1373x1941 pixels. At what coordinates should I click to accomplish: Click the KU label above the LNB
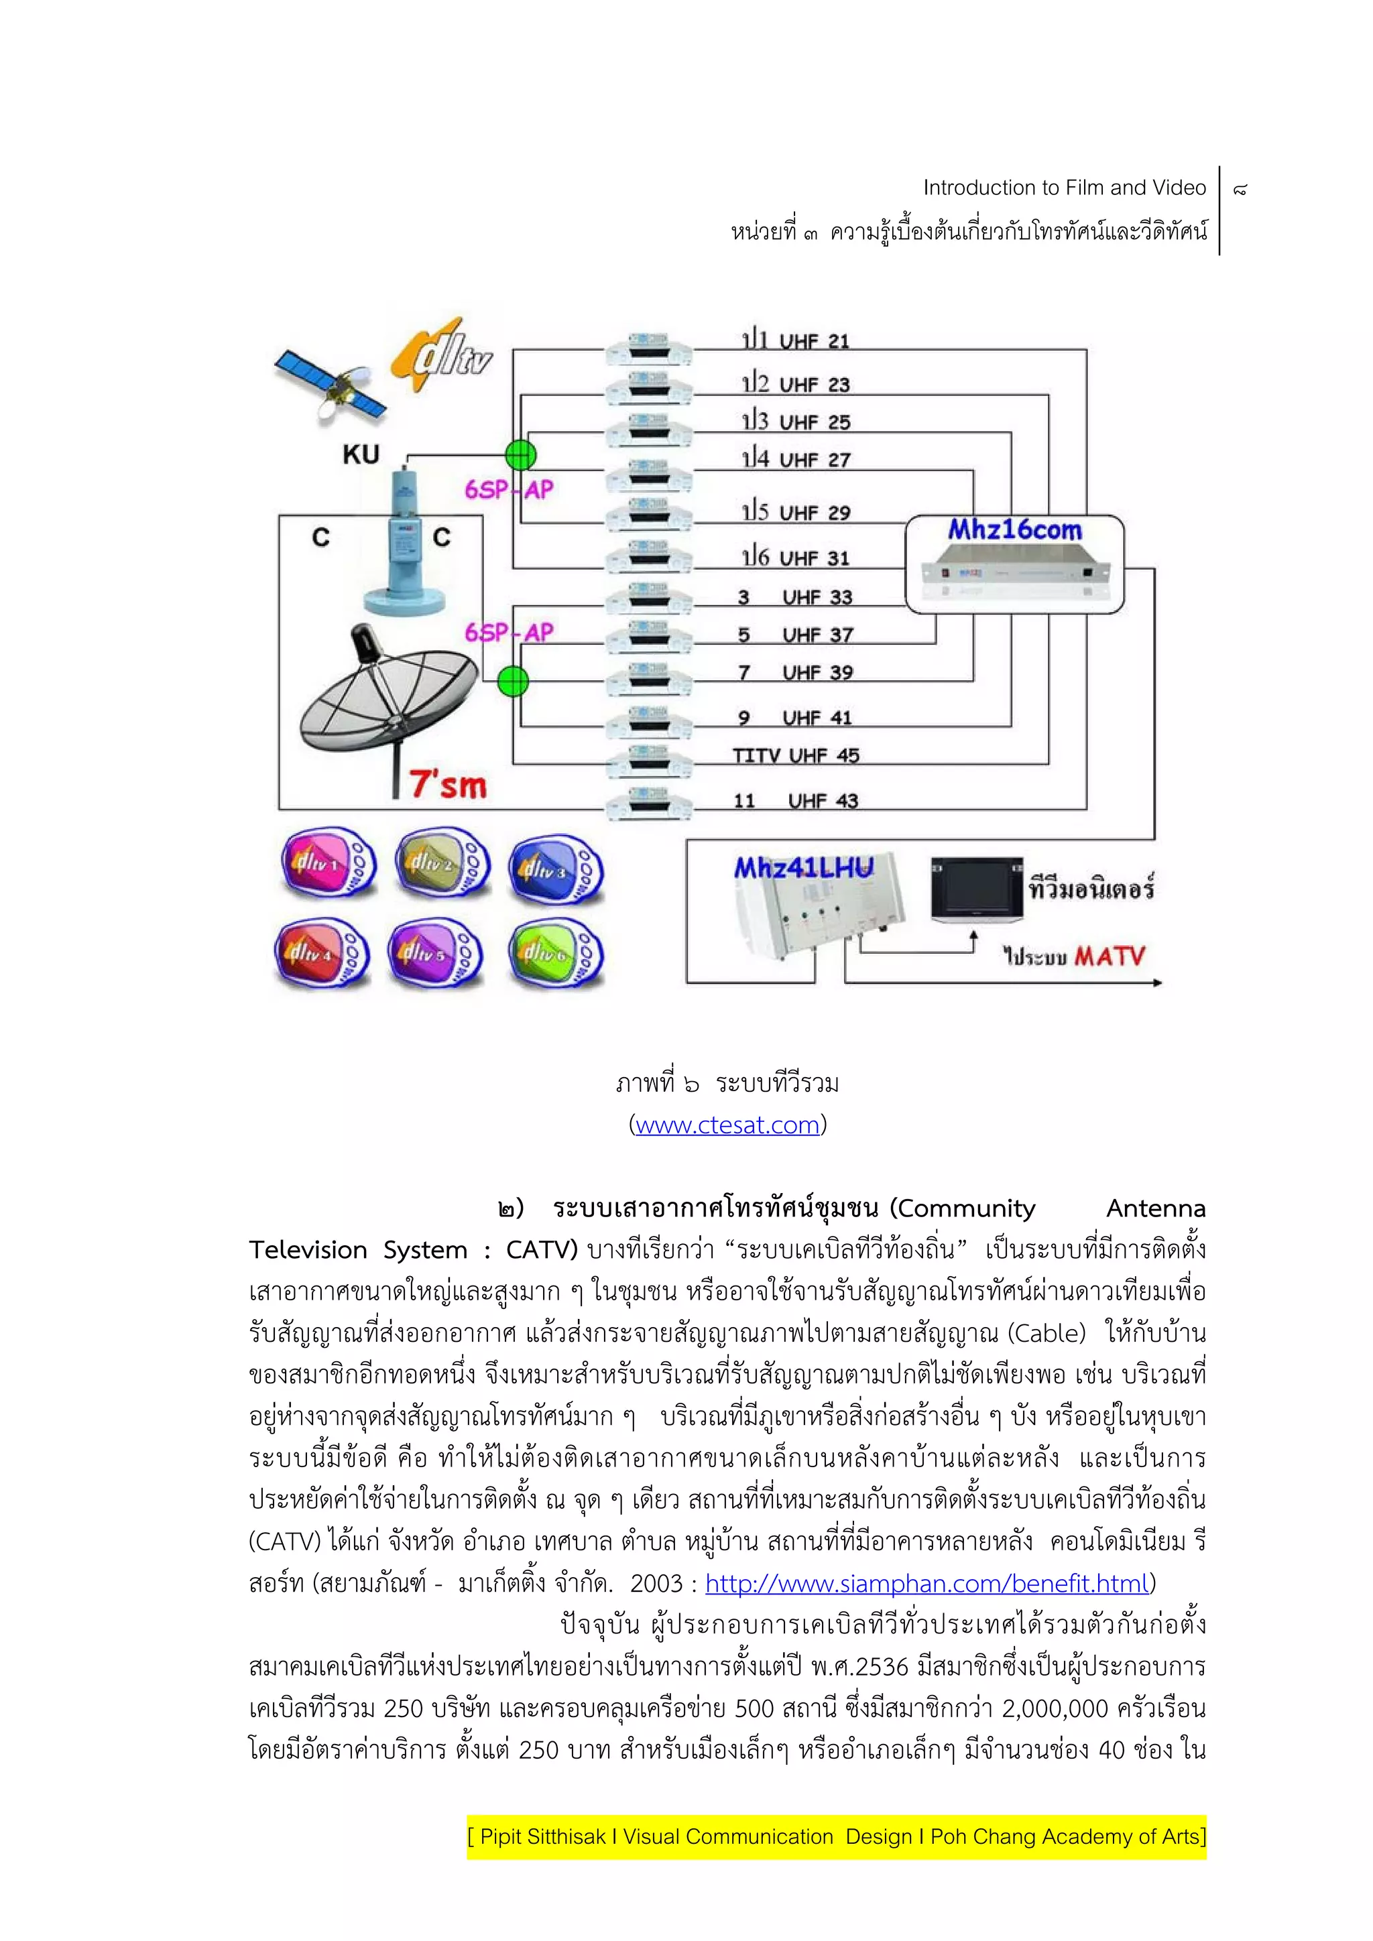click(361, 455)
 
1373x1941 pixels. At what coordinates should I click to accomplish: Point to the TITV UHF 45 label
click(794, 756)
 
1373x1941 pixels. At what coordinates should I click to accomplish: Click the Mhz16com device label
click(1014, 531)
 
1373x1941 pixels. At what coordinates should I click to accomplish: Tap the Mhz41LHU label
click(802, 868)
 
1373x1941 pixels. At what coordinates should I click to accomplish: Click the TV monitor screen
click(975, 890)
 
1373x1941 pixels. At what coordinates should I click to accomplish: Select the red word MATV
click(1110, 957)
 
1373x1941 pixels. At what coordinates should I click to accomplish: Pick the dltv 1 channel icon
click(328, 863)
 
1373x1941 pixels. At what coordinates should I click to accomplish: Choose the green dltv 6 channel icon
click(554, 954)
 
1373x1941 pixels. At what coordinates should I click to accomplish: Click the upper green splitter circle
click(521, 455)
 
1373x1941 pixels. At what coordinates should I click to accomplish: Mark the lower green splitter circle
click(512, 680)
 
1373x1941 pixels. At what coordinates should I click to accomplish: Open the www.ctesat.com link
click(727, 1125)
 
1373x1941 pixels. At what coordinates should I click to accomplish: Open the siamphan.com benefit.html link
click(927, 1583)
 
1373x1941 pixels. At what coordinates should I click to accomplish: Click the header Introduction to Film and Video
click(1063, 188)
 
